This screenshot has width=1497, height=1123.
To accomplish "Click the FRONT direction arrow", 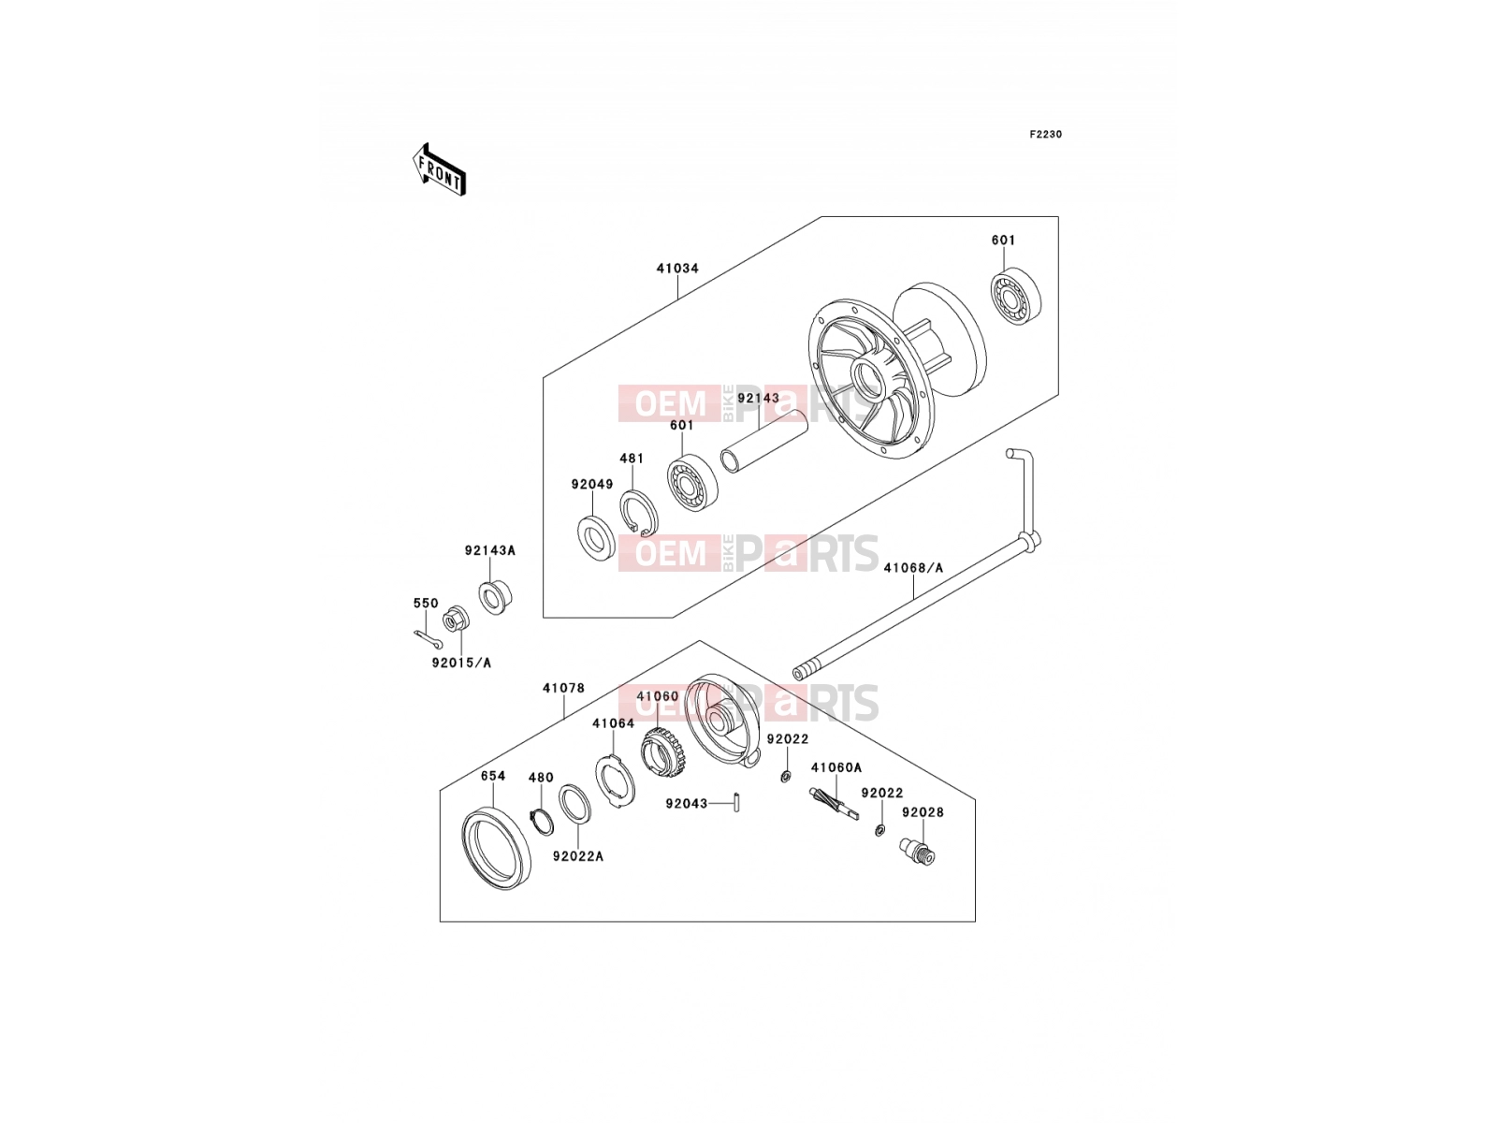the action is [439, 169].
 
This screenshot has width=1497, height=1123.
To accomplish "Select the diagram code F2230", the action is [1045, 135].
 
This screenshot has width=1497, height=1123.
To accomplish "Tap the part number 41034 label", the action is [677, 269].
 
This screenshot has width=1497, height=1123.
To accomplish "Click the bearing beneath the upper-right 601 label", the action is [1016, 296].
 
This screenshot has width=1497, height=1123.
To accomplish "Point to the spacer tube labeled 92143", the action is [764, 441].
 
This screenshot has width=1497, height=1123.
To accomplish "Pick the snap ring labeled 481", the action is [639, 513].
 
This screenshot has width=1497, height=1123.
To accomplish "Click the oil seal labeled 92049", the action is [596, 539].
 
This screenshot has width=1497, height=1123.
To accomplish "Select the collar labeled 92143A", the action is [495, 597].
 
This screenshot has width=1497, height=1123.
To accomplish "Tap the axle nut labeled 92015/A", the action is [456, 620].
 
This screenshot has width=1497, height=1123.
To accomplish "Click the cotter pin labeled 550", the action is [428, 639].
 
